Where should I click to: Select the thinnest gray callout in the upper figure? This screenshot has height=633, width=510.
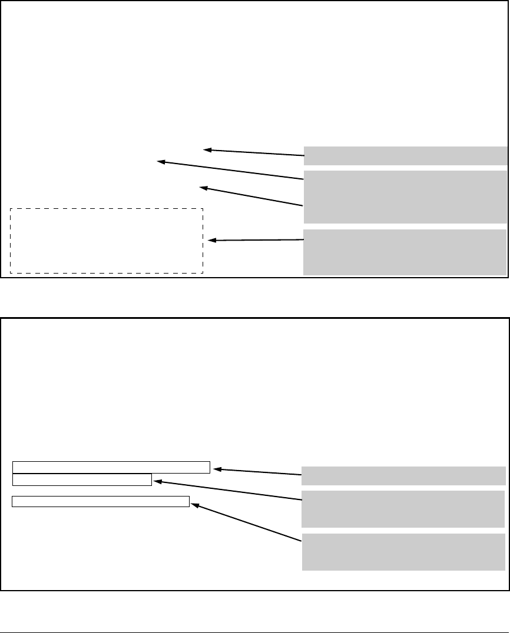405,155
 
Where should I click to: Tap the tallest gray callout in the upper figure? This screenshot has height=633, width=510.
405,196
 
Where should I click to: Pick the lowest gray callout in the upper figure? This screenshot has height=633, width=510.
405,252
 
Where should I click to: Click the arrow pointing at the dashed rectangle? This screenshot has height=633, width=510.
256,240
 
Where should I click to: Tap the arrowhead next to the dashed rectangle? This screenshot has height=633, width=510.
213,241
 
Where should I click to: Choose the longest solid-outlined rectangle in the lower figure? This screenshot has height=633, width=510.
111,467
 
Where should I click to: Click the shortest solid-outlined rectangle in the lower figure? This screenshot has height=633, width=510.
82,479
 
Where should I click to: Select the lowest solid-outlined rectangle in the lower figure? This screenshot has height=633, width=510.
101,501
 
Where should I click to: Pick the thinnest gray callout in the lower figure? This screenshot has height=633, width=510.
403,475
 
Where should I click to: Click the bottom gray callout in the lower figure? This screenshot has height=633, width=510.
403,552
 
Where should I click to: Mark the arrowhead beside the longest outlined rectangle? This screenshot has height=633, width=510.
217,469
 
